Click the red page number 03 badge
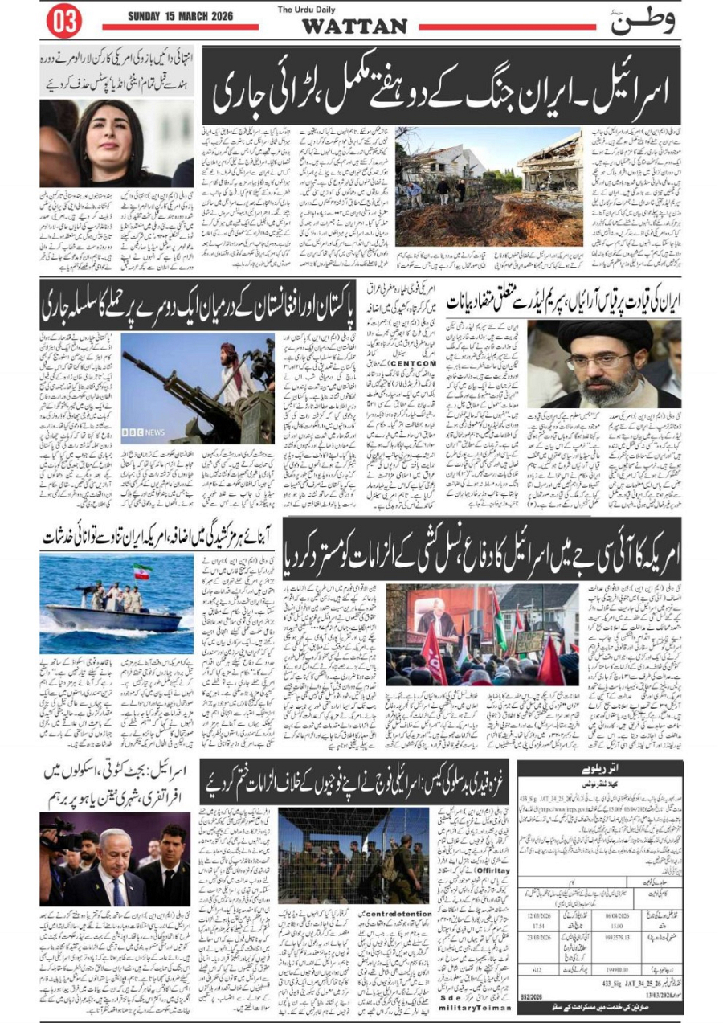[64, 22]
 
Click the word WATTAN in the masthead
[354, 26]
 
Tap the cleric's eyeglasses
[607, 359]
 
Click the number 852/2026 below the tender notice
[531, 1006]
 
